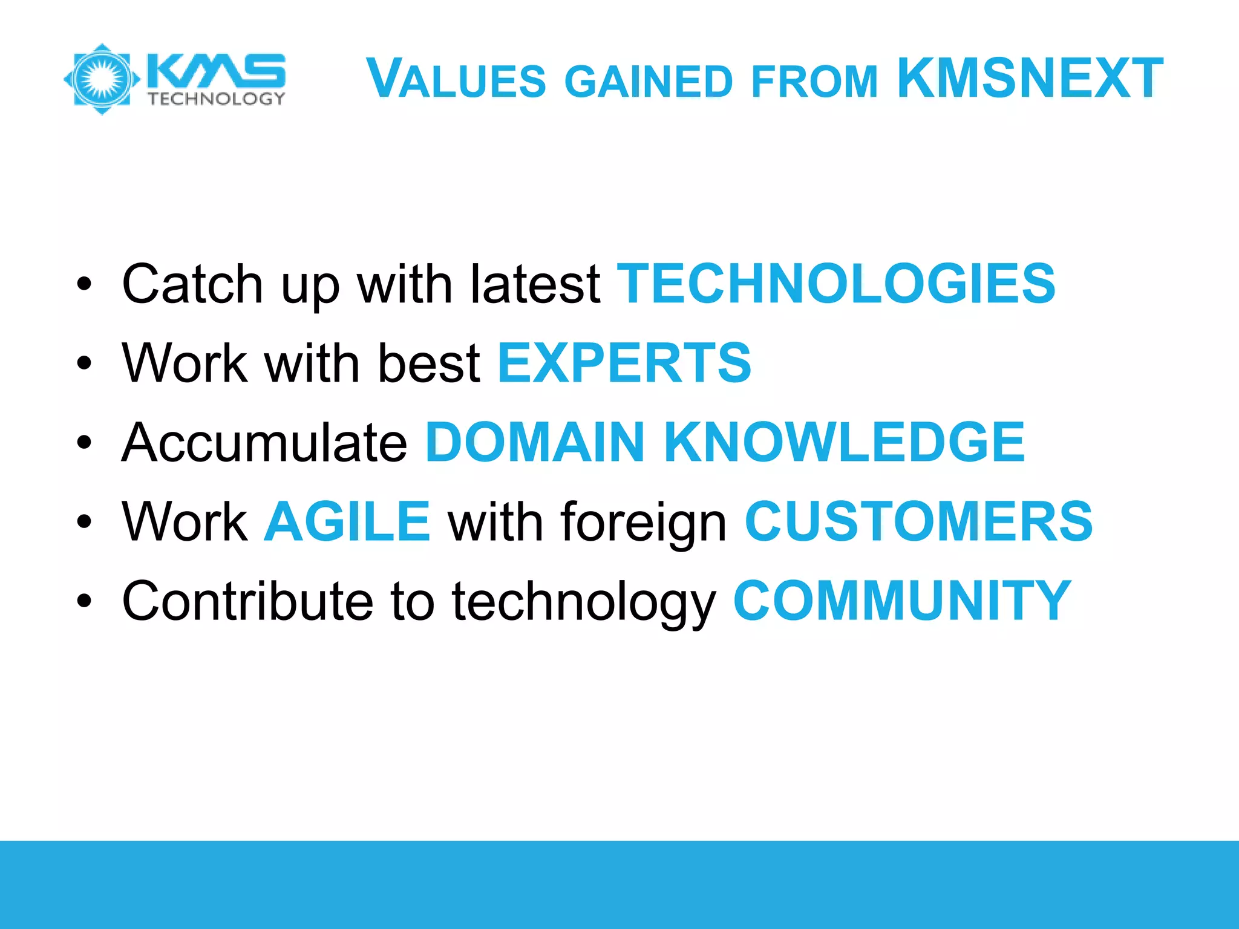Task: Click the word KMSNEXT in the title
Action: [x=1030, y=78]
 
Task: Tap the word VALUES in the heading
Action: [x=457, y=79]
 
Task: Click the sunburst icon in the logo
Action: [x=102, y=79]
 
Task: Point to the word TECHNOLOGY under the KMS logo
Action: [x=216, y=99]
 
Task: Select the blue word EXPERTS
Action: [x=624, y=363]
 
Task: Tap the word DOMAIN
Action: [x=535, y=442]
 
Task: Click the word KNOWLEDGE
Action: [x=845, y=442]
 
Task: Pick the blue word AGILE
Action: [x=347, y=521]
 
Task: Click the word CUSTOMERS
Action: [x=918, y=521]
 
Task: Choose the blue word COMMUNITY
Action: [x=902, y=601]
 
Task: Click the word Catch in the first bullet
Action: [x=192, y=284]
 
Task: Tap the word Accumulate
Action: [x=265, y=442]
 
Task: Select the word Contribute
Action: [x=248, y=601]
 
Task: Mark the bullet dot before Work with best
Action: [x=84, y=363]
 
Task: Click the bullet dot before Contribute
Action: [x=84, y=601]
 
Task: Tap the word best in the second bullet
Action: [x=429, y=363]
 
